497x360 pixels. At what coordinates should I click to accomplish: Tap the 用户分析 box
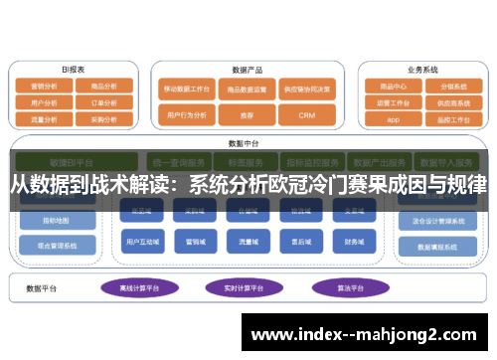tap(44, 102)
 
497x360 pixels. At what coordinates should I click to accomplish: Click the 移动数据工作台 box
tap(187, 89)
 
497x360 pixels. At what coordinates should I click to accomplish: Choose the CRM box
tap(308, 115)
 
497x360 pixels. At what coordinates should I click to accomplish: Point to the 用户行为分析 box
tap(187, 115)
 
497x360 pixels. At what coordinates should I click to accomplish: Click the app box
tap(394, 119)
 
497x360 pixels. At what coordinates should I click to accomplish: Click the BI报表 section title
tap(74, 70)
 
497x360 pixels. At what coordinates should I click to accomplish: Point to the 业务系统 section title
tap(422, 70)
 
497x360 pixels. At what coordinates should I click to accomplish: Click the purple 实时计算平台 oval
tap(242, 288)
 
